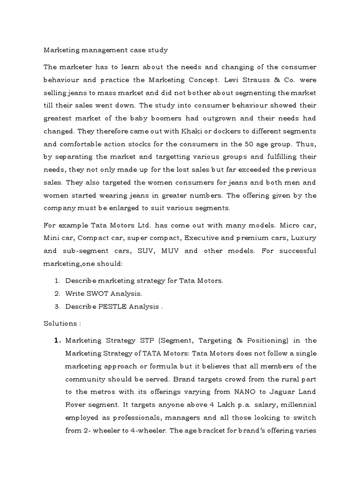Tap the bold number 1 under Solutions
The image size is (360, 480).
tap(58, 340)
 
